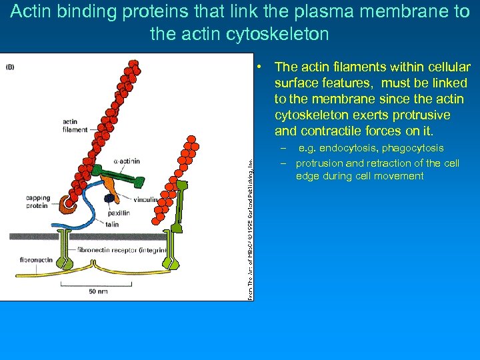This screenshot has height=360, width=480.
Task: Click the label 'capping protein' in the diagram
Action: [37, 202]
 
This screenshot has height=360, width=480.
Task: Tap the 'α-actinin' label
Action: [127, 161]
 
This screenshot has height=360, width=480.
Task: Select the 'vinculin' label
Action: [146, 199]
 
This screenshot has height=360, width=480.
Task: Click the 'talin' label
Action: [112, 225]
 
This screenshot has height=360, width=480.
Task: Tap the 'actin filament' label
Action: [75, 125]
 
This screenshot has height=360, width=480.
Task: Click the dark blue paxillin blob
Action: [109, 199]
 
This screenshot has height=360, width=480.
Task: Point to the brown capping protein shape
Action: [65, 205]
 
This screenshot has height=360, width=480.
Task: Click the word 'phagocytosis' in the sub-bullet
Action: [413, 148]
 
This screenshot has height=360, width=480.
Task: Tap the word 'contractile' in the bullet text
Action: [329, 130]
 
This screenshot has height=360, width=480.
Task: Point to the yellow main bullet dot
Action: [265, 66]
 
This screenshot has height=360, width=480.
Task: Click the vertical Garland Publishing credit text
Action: [249, 227]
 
